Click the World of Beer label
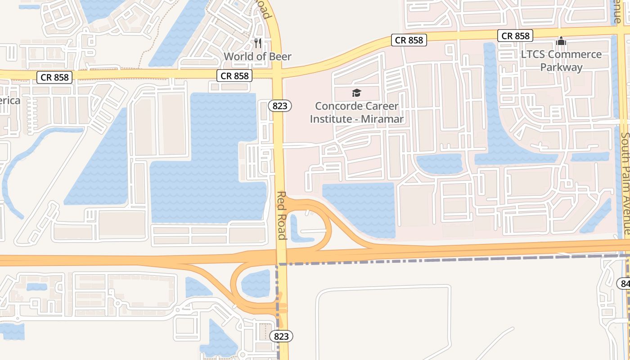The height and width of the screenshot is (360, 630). click(x=257, y=57)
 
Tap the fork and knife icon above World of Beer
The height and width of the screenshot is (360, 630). click(x=258, y=43)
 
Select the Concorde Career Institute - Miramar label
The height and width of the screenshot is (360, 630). click(x=356, y=112)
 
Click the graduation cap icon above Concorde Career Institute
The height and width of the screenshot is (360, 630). click(x=356, y=93)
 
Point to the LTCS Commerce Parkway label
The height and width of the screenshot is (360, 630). click(x=561, y=61)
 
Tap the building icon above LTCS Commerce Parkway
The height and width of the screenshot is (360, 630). click(x=561, y=41)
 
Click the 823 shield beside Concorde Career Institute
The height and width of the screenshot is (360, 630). click(x=280, y=106)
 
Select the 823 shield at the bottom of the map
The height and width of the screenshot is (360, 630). click(x=281, y=336)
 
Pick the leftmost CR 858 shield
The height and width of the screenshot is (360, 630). click(x=55, y=77)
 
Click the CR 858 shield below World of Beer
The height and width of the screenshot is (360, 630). click(x=234, y=76)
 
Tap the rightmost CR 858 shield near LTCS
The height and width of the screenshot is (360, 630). click(x=515, y=36)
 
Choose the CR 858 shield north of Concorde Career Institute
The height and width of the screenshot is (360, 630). click(x=409, y=40)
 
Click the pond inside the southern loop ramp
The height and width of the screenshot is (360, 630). click(x=256, y=283)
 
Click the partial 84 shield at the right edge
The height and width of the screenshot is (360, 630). click(x=624, y=283)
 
